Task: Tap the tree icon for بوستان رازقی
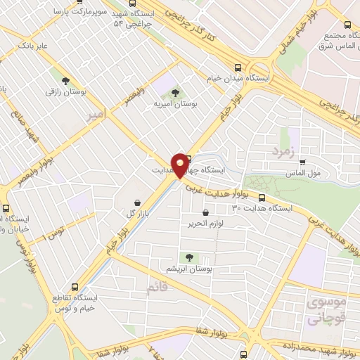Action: pos(66,81)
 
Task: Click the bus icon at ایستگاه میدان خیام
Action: pos(238,68)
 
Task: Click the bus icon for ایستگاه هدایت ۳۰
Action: pos(262,198)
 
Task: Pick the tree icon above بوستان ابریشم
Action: pos(188,257)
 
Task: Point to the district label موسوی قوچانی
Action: pos(323,311)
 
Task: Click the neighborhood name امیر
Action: pos(94,115)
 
